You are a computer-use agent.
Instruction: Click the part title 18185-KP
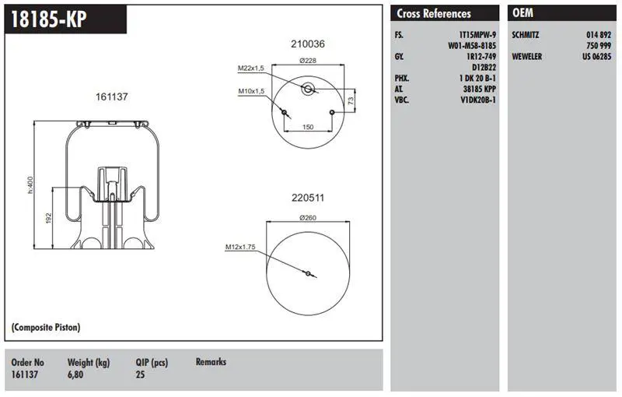48,19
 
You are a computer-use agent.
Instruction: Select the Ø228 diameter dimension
308,61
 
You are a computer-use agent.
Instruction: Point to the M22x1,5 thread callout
250,69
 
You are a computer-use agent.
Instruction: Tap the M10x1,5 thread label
251,91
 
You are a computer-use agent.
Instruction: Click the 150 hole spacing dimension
308,127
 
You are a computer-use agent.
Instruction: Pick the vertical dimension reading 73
351,101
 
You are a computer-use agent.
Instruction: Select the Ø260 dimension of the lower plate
308,217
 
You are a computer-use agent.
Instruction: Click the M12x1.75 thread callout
240,247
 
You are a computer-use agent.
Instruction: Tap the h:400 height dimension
30,185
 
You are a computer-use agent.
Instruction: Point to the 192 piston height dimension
49,218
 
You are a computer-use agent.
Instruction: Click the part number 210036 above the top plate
308,44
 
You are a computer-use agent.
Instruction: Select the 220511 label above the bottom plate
308,197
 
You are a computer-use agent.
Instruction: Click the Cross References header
434,13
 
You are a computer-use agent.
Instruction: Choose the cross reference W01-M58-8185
472,46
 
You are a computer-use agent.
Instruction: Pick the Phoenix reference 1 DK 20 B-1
477,78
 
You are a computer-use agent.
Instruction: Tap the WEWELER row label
527,56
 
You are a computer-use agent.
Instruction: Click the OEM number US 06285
596,56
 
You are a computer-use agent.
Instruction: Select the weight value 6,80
75,374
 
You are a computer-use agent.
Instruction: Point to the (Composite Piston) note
46,327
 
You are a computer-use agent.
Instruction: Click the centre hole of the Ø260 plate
308,273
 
